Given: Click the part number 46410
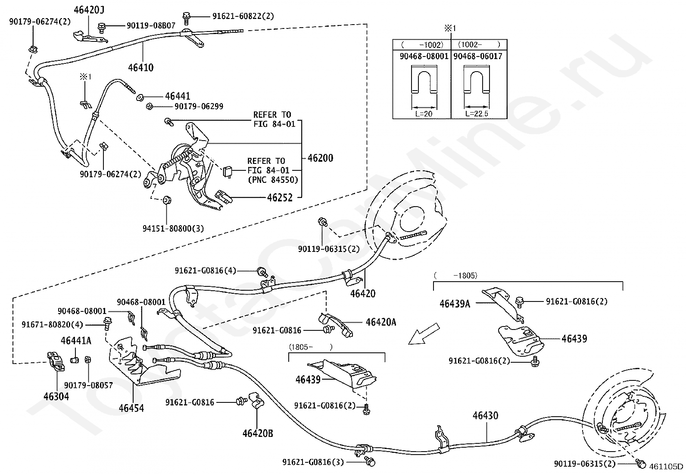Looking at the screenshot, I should (x=140, y=68).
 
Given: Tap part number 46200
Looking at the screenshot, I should (x=320, y=158).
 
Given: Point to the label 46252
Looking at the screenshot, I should (x=280, y=198).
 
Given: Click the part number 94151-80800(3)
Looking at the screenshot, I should (x=173, y=228).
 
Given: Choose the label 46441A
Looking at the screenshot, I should (x=76, y=341).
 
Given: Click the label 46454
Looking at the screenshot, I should (x=131, y=408).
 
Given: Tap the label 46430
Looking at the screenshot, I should (x=485, y=416).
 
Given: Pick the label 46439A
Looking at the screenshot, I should (x=455, y=304).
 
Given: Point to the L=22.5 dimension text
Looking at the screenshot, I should (x=477, y=114).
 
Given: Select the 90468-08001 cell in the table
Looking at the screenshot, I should (x=421, y=56).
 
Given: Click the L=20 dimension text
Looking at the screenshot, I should (x=424, y=114).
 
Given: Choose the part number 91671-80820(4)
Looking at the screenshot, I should (x=52, y=324).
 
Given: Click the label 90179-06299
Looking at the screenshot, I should (x=199, y=106).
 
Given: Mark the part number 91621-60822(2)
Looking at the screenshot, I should (x=243, y=16).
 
